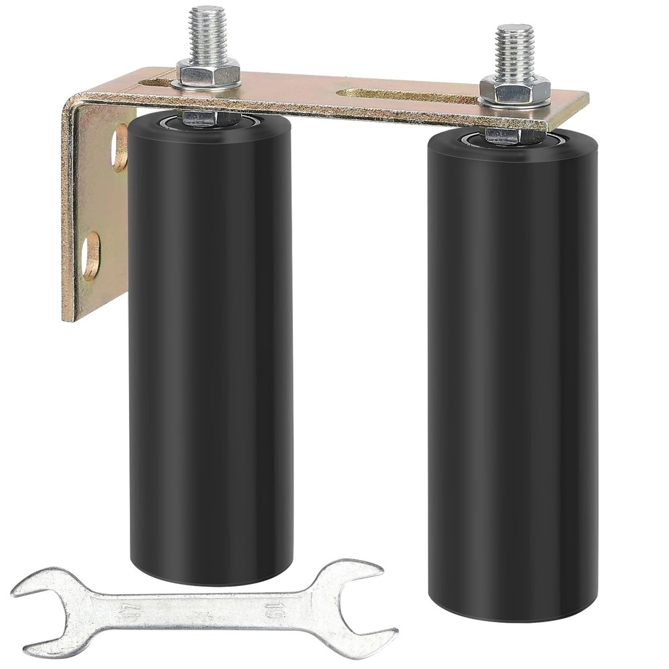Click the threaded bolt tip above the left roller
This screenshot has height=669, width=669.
207,30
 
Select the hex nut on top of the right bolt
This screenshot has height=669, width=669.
514,85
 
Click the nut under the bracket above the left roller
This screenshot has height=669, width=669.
208,119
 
